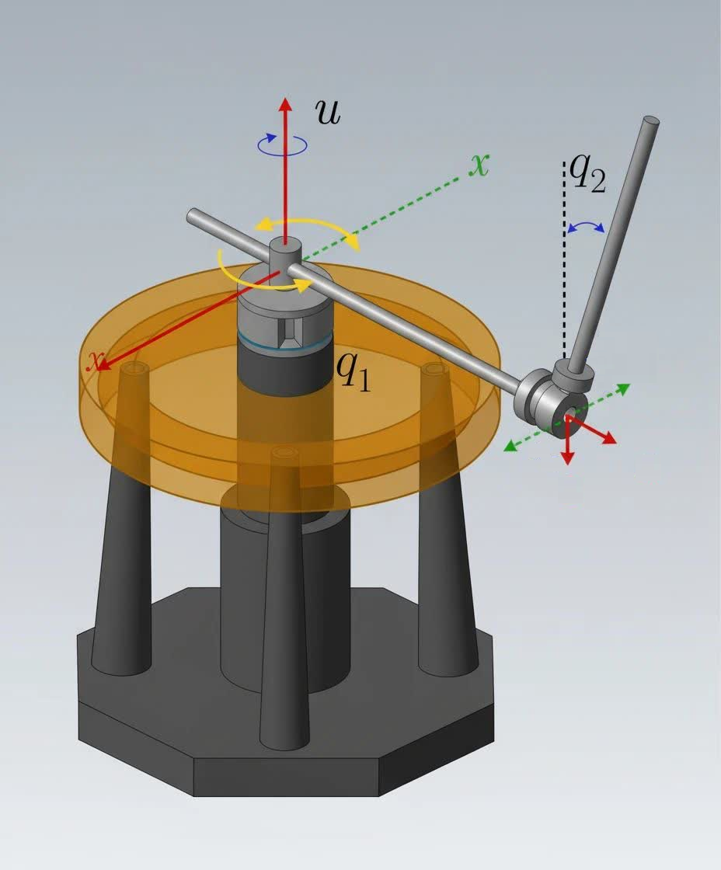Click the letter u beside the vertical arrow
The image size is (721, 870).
click(x=327, y=113)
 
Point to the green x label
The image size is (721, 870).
click(x=481, y=164)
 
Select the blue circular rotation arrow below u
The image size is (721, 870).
click(x=282, y=144)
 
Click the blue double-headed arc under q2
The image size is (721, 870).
click(x=586, y=226)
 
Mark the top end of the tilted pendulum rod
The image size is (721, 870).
click(x=650, y=122)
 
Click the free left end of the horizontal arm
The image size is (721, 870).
click(x=193, y=215)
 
